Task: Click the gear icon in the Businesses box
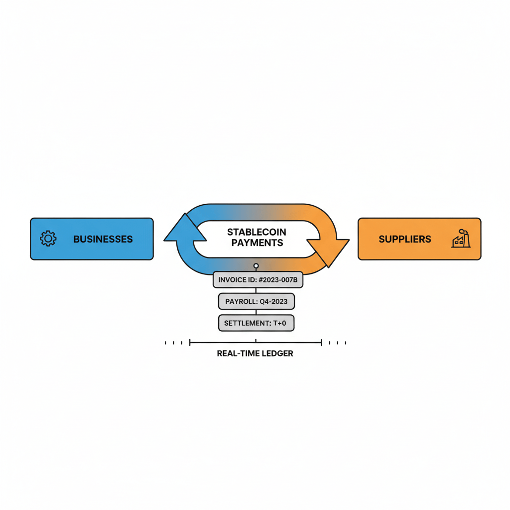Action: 48,239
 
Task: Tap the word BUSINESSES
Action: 103,239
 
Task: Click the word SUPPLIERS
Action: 404,239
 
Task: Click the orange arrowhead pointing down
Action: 328,252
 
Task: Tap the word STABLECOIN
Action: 256,232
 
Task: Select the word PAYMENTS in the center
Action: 257,243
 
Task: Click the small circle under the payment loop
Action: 256,266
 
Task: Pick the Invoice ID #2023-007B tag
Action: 257,280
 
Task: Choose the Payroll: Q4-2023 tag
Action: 256,301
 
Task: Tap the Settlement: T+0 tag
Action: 256,323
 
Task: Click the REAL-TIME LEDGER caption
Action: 255,354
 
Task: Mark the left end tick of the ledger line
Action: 190,343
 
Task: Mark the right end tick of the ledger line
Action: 322,343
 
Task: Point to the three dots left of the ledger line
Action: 173,343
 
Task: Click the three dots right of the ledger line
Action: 338,343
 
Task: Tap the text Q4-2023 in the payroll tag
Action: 273,301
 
